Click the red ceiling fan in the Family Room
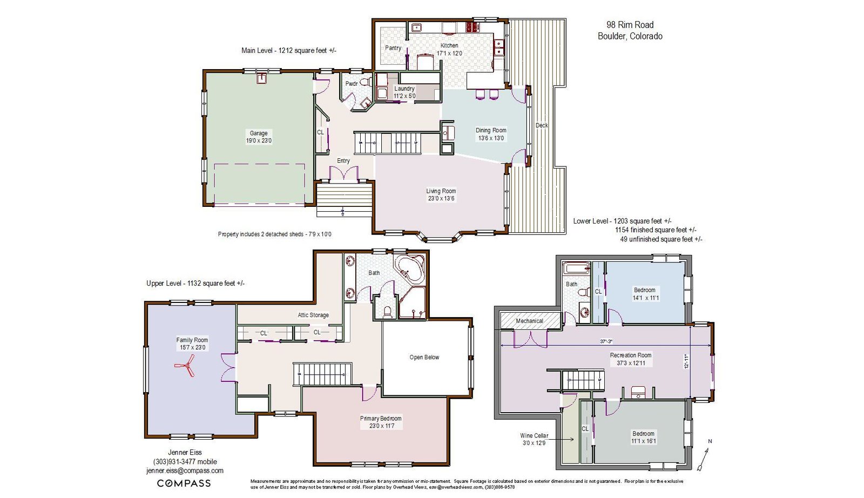click(x=186, y=366)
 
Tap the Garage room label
click(x=259, y=133)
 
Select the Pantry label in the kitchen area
click(x=393, y=48)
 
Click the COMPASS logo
click(x=184, y=483)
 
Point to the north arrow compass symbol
click(x=704, y=457)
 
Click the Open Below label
click(x=424, y=357)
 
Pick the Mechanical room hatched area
click(x=530, y=320)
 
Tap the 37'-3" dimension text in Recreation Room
click(x=606, y=341)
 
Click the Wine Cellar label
click(x=534, y=435)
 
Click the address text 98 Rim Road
click(x=630, y=25)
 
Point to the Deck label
click(x=542, y=125)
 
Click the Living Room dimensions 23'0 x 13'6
click(x=441, y=199)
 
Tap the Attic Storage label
click(x=313, y=315)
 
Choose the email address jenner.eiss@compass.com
click(x=185, y=470)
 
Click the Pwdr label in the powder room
click(x=351, y=84)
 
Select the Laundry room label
click(x=404, y=89)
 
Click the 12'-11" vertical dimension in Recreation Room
click(x=686, y=361)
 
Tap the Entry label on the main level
click(x=343, y=161)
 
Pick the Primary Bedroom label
click(x=381, y=419)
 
